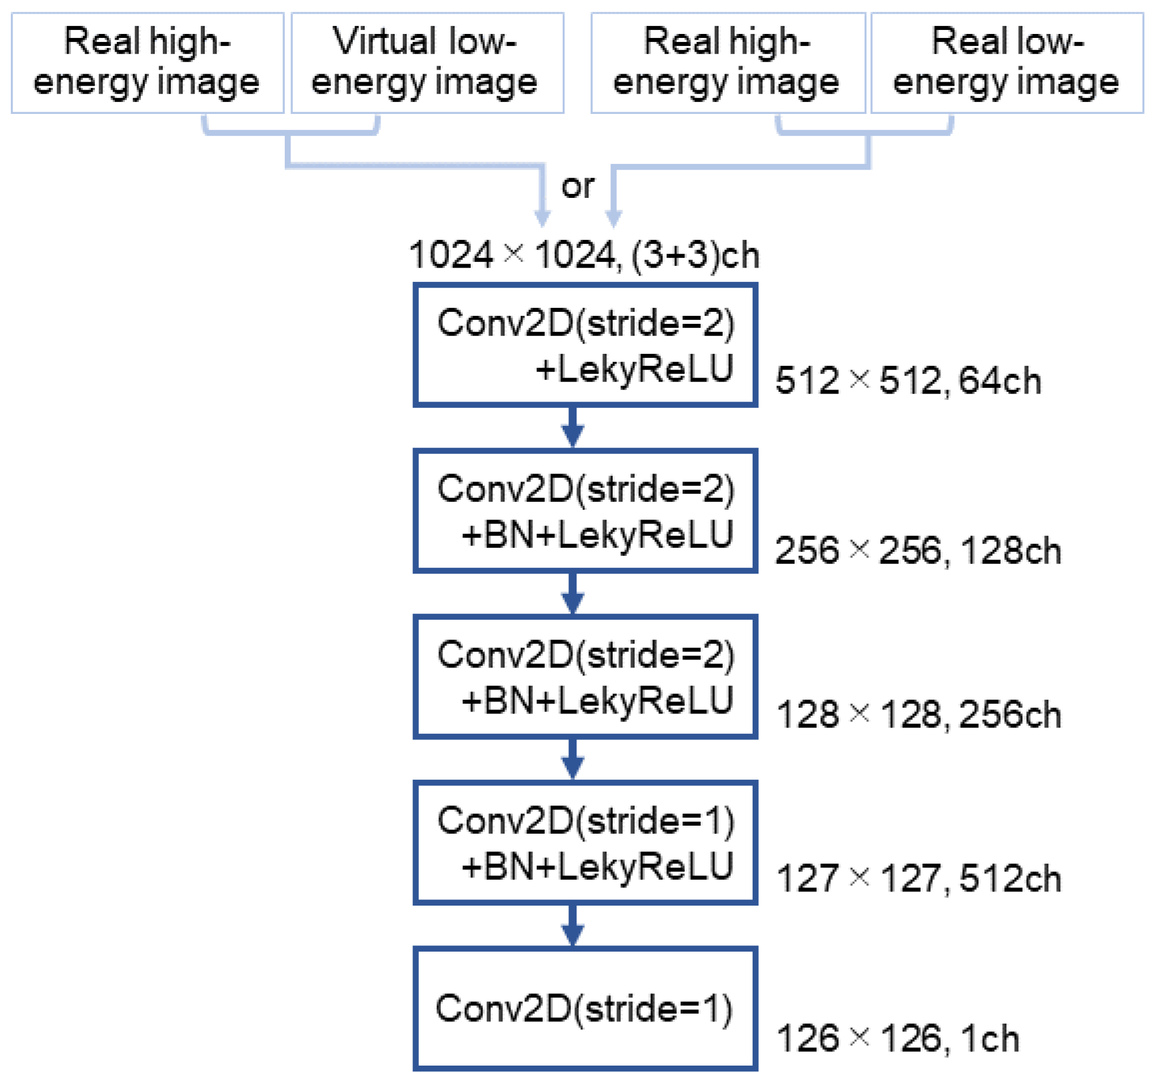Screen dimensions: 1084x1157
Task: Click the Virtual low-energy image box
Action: tap(427, 63)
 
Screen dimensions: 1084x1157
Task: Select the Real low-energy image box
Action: tap(1007, 63)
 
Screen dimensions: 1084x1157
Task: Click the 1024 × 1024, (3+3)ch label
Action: tap(584, 255)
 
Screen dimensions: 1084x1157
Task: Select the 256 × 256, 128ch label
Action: tap(918, 551)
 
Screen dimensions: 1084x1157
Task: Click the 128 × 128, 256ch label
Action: tap(918, 715)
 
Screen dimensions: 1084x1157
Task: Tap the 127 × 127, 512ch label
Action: tap(918, 879)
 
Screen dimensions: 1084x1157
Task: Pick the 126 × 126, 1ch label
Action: tap(898, 1039)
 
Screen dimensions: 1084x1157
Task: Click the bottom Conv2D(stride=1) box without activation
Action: tap(585, 1008)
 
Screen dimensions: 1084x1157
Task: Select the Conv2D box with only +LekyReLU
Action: tap(585, 345)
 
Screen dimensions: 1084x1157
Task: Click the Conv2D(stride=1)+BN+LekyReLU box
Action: tap(585, 843)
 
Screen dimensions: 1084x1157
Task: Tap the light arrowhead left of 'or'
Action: tap(542, 217)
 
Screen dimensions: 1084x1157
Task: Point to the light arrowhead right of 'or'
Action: tap(613, 217)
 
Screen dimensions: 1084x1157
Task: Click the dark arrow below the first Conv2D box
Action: tap(572, 428)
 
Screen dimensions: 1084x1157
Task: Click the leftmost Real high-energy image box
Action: tap(147, 63)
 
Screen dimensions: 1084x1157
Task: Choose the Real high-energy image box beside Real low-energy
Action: tap(727, 63)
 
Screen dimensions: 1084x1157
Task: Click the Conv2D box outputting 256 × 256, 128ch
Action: tap(585, 510)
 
